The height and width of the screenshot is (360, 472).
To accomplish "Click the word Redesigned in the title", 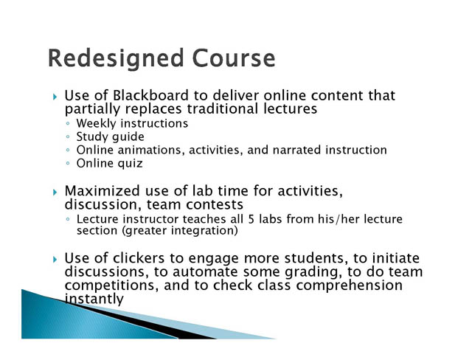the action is pos(116,59).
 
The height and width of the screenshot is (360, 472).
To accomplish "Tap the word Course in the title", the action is pos(234,58).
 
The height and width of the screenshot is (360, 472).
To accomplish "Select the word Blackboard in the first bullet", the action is pos(150,95).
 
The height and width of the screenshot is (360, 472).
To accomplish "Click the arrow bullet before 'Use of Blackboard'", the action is pos(55,97).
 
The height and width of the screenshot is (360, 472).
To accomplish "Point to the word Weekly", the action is pos(97,124).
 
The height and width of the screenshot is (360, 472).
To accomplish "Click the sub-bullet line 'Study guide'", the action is pos(110,137).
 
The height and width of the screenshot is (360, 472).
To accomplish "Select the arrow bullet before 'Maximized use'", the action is pos(55,192).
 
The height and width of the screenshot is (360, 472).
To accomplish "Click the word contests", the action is pos(215,204).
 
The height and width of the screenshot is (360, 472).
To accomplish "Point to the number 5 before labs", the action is pos(251,219).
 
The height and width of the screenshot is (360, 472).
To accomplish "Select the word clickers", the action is pos(139,258).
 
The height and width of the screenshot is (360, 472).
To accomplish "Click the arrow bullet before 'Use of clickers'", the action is pos(55,259).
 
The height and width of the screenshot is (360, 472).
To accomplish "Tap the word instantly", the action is pos(94,299).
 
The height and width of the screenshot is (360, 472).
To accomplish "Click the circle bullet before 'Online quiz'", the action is pos(68,164).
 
